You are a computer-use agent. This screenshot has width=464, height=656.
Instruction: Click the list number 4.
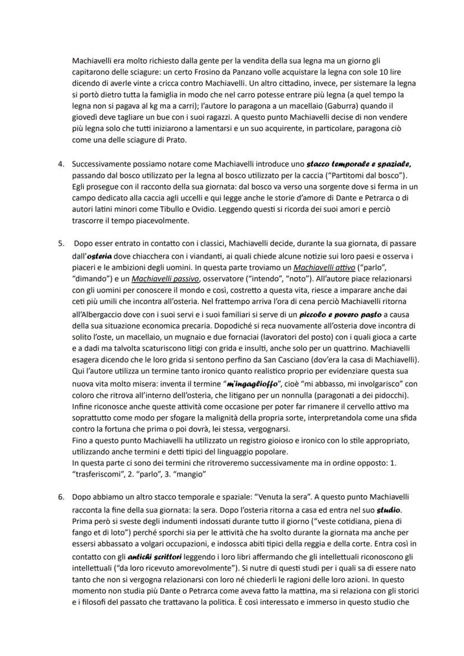tap(61, 165)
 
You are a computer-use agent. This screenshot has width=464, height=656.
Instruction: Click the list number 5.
tap(61, 244)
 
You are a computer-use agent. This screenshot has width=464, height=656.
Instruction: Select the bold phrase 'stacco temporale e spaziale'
tap(359, 165)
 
